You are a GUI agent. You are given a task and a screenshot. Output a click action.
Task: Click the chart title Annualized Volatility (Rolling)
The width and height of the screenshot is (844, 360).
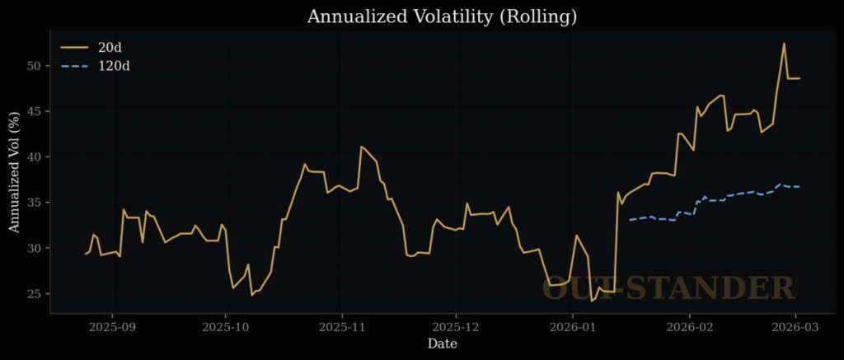[x=442, y=16]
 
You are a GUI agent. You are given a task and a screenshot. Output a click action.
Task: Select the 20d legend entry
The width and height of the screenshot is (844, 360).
[x=110, y=47]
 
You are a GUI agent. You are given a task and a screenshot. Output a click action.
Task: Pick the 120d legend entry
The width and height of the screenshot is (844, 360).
[x=114, y=65]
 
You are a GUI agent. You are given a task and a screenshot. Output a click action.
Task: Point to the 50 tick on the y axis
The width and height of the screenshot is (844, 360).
[x=34, y=65]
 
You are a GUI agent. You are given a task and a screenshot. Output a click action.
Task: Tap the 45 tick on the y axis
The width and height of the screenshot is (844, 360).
[x=34, y=111]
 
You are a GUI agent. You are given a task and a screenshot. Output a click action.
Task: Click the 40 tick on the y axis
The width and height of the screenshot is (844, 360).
[x=34, y=157]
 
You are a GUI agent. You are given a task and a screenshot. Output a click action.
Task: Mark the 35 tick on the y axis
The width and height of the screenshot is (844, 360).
[x=34, y=203]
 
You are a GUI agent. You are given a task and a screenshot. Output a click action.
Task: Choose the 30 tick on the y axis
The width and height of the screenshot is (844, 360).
[x=34, y=248]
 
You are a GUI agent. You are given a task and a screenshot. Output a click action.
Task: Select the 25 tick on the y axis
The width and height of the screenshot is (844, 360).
[x=34, y=294]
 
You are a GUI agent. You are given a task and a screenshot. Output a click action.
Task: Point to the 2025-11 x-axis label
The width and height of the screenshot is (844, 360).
[x=344, y=326]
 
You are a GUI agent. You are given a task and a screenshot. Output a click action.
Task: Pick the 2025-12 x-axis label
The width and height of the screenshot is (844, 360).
[x=457, y=326]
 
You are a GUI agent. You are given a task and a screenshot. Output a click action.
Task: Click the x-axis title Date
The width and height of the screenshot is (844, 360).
[x=442, y=344]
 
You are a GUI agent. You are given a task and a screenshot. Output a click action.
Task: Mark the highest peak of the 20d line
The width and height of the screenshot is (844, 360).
[x=784, y=44]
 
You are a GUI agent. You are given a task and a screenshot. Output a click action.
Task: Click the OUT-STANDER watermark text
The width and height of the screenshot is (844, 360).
[x=668, y=288]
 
